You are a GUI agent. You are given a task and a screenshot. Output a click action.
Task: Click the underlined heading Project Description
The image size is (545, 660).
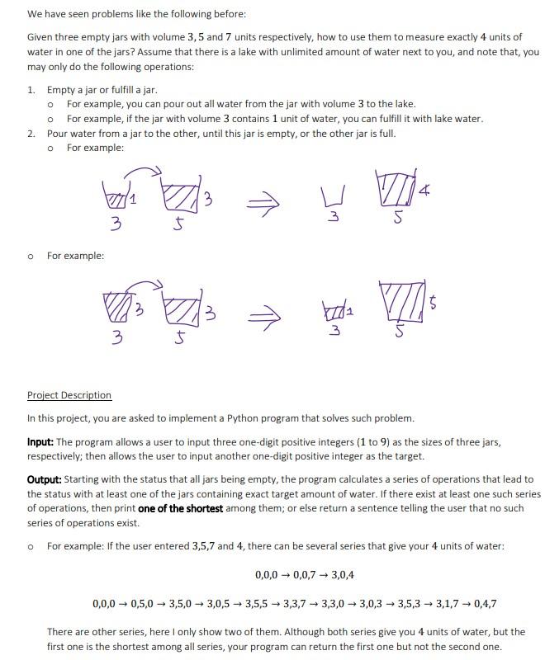pyautogui.click(x=69, y=395)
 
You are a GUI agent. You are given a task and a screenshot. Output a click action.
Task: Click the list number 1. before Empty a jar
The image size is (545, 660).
pyautogui.click(x=31, y=89)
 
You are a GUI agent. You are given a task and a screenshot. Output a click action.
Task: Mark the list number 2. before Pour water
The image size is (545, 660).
pyautogui.click(x=31, y=133)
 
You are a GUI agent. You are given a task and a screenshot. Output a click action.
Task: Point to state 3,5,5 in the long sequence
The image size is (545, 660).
pyautogui.click(x=261, y=603)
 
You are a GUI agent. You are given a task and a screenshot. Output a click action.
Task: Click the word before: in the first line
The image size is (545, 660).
pyautogui.click(x=228, y=15)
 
